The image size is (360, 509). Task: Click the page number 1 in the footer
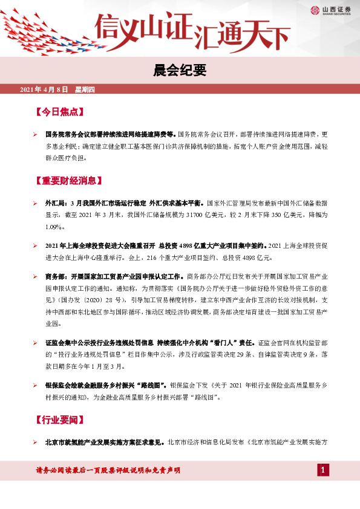[x=323, y=470]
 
